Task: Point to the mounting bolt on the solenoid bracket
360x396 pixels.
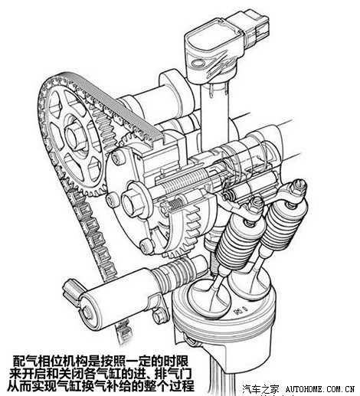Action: (159, 315)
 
